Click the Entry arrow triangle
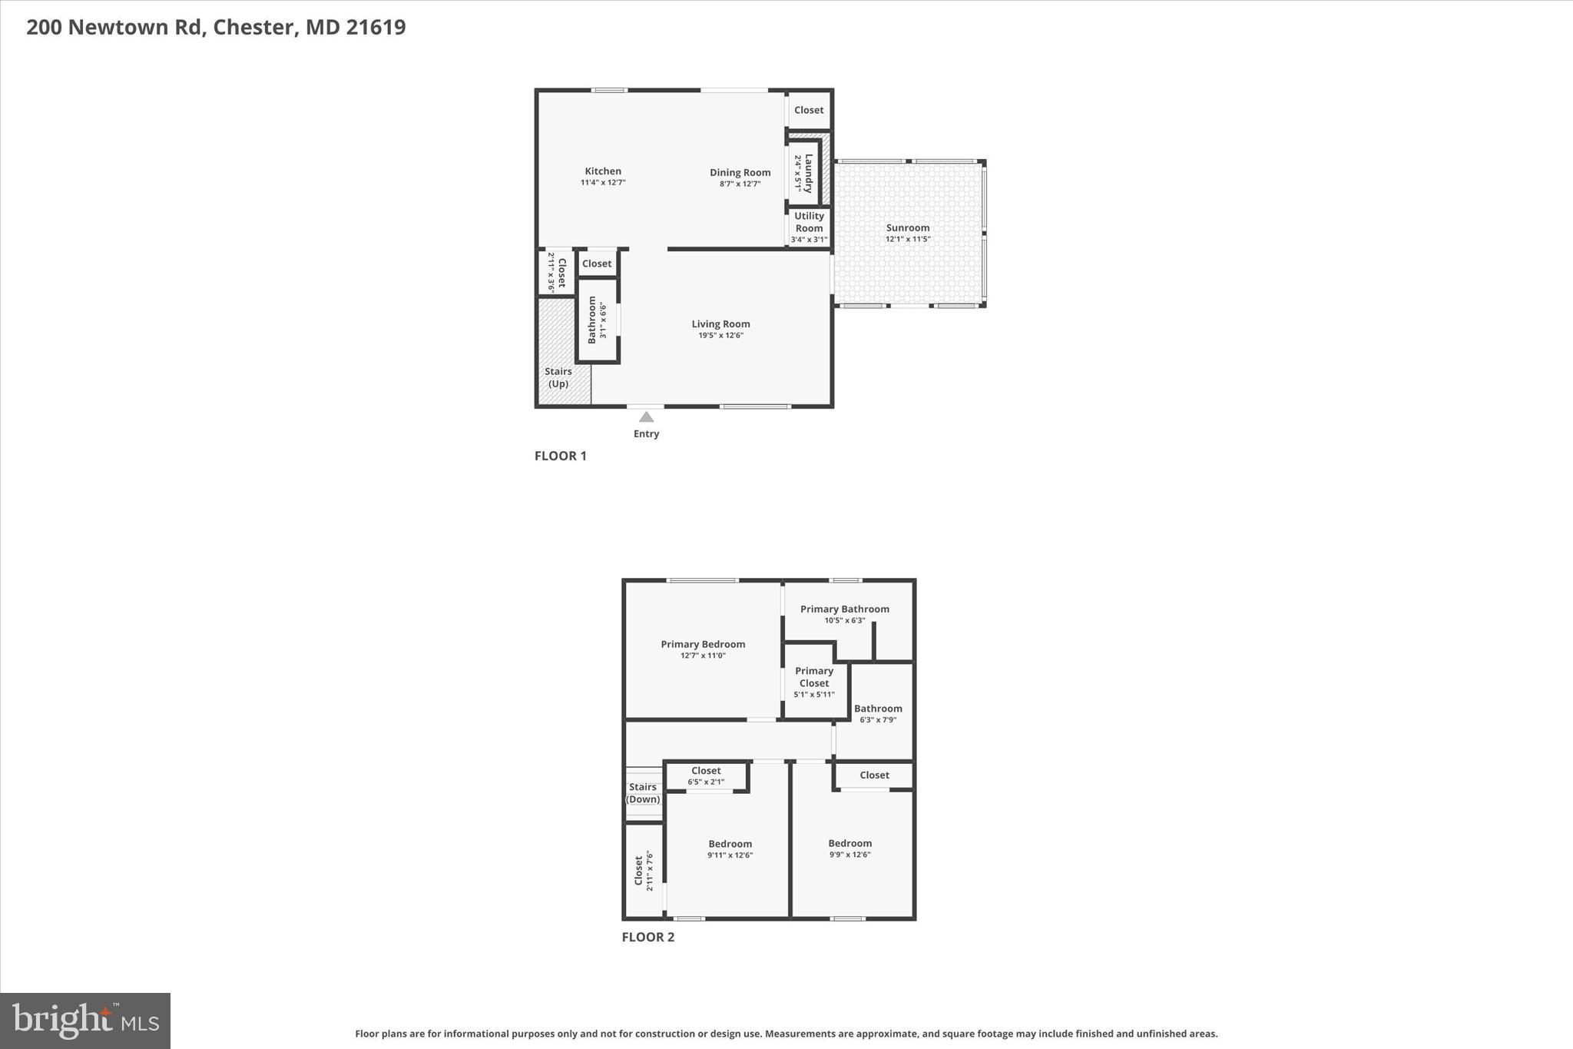point(646,417)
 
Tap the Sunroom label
point(908,227)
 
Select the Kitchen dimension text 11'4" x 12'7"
point(603,183)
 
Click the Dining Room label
point(740,172)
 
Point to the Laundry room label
point(808,173)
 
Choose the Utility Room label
point(809,221)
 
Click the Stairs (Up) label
point(558,377)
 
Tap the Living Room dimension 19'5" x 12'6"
point(720,335)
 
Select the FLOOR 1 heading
point(560,456)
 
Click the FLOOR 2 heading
point(647,937)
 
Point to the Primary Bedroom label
point(703,644)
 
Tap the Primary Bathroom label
point(844,609)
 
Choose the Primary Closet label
point(813,676)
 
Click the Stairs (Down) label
point(643,793)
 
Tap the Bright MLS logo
point(85,1021)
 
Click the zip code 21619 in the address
point(376,27)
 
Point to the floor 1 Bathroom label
point(592,320)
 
